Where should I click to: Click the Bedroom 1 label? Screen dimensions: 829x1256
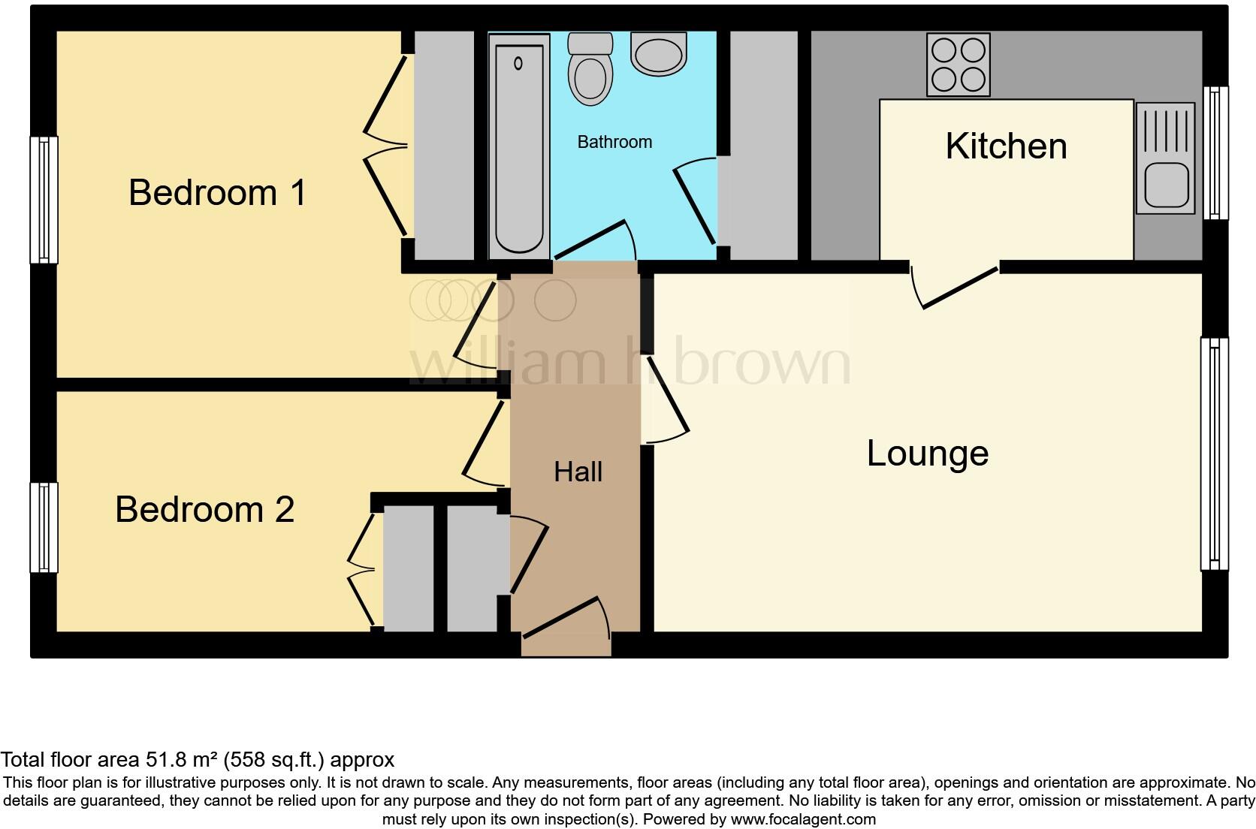(x=217, y=193)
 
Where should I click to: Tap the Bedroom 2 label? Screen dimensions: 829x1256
(x=204, y=510)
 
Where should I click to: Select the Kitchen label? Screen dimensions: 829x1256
(x=1006, y=146)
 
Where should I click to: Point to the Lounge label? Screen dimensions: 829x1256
(x=927, y=454)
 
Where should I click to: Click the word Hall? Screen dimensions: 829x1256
(x=578, y=472)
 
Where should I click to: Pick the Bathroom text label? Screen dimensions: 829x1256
(x=614, y=142)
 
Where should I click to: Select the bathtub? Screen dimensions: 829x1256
(x=518, y=148)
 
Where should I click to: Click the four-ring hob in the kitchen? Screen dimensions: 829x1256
(x=958, y=65)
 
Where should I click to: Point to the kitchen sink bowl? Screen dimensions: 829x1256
(x=1166, y=186)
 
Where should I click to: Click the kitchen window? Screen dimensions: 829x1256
(x=1215, y=152)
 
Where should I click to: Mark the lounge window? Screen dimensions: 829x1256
(x=1214, y=454)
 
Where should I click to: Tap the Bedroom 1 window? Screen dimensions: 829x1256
(x=44, y=200)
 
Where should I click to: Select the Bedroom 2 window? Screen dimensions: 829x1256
(x=44, y=527)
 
